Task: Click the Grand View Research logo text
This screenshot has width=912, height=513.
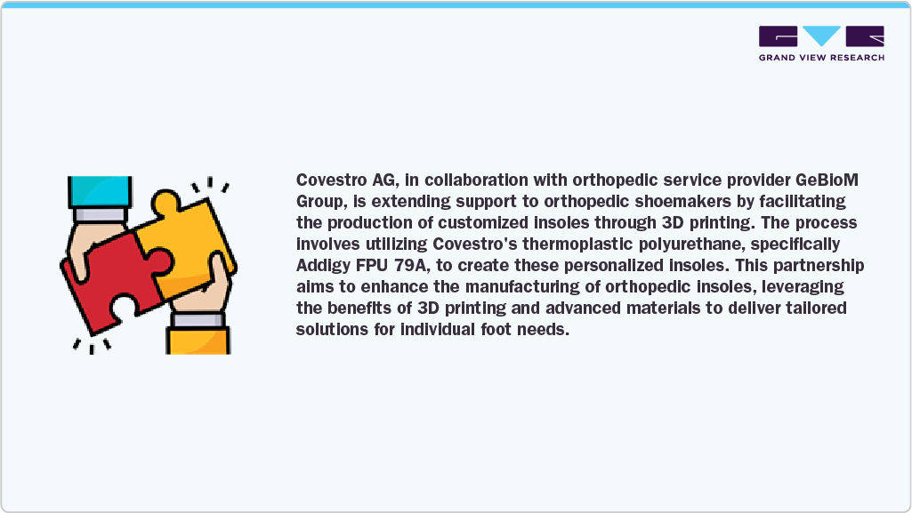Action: click(x=821, y=58)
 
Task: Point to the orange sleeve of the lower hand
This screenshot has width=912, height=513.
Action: click(x=198, y=340)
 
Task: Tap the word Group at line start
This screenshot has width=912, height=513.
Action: click(x=317, y=201)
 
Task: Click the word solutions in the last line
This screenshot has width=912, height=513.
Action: click(x=327, y=329)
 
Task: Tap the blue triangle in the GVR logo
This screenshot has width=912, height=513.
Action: click(x=821, y=36)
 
